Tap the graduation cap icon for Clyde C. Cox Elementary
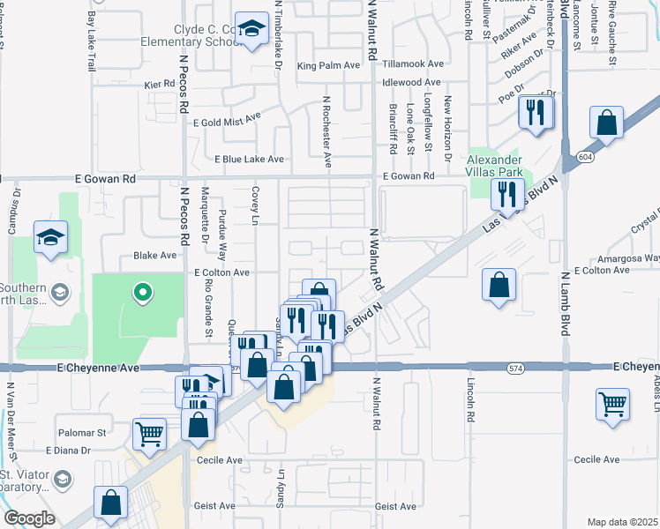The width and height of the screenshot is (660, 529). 252,29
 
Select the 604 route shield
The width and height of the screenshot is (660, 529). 587,156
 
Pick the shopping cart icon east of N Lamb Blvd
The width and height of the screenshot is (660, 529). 612,405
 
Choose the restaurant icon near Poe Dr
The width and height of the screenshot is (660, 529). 536,112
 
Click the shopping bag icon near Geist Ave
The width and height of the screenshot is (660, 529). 112,503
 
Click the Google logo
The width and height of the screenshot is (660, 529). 29,518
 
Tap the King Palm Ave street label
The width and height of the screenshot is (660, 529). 328,65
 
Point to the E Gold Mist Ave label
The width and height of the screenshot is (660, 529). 227,117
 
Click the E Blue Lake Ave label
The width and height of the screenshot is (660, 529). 250,160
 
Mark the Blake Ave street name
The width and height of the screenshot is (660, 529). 154,256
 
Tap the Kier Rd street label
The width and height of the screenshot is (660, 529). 160,86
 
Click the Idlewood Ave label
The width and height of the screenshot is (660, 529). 411,82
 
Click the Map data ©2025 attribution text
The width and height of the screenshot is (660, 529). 622,522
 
